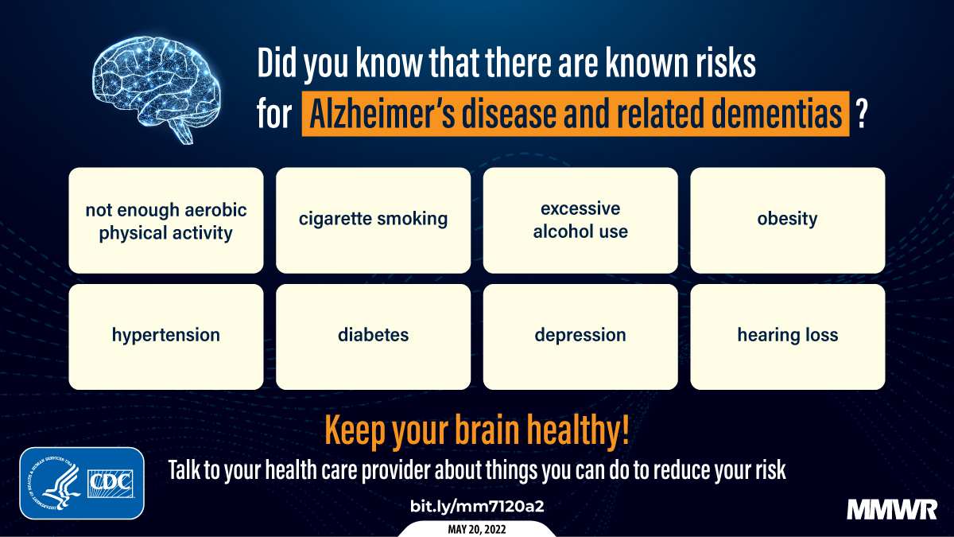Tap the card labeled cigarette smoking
[x=373, y=220]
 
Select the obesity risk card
[x=787, y=220]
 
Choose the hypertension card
[x=165, y=336]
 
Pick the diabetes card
[x=373, y=336]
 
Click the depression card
[x=580, y=336]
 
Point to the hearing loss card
[x=787, y=336]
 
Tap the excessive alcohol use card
[x=580, y=220]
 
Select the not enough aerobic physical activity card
[x=165, y=220]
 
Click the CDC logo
[x=112, y=482]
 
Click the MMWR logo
[x=892, y=510]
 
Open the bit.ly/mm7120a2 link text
[x=476, y=506]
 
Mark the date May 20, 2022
[x=477, y=529]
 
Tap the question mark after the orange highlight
[x=860, y=115]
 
